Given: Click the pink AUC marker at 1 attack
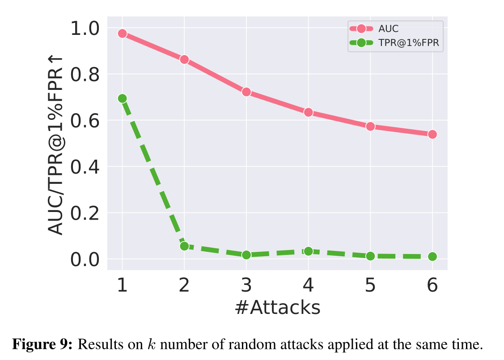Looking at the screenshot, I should coord(122,34).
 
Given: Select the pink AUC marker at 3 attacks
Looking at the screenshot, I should coord(246,92).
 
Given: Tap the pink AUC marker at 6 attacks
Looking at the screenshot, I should coord(432,134).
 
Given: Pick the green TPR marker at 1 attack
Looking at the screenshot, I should coord(122,98).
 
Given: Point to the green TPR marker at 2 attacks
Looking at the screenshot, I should coord(184,246).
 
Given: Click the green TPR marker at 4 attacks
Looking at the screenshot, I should coord(308,251).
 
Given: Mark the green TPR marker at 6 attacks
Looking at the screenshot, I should coord(432,256).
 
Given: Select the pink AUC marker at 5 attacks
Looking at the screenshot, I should coord(370,127).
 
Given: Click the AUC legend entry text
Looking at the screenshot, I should coord(388,29).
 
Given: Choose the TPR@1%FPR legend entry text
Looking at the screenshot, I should coord(406,43).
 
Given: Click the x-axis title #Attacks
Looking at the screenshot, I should coord(277,308).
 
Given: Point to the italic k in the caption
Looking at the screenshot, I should coord(150,345).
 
